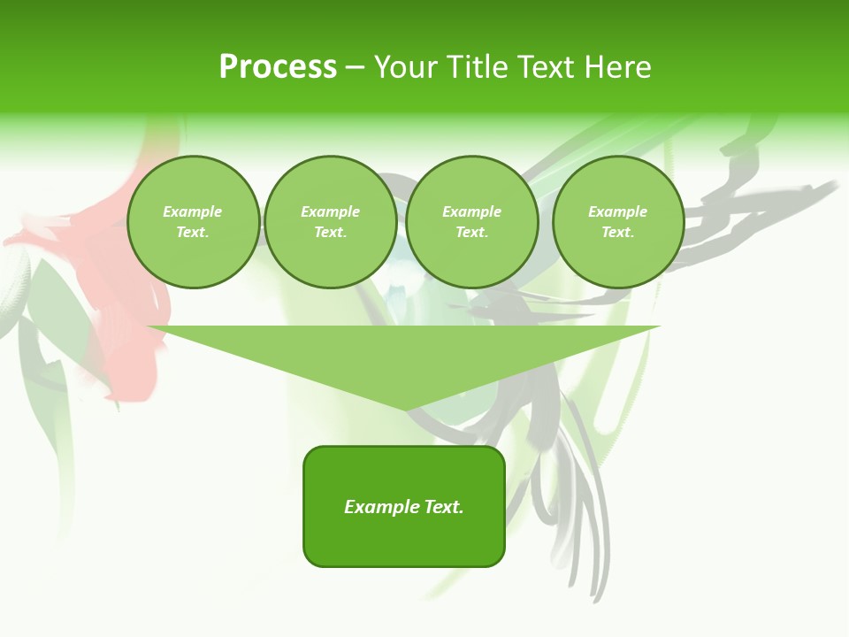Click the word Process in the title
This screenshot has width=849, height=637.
pos(278,67)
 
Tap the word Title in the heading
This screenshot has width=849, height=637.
pos(475,67)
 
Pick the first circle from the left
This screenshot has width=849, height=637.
pos(193,222)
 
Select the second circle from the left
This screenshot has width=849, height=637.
pos(331,222)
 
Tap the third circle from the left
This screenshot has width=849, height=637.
pos(471,222)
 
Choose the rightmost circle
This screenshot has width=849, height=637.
pos(618,222)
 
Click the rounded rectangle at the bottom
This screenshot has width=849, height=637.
pos(404,506)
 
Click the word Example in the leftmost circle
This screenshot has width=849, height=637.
pos(193,211)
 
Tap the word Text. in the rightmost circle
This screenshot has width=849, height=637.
pos(618,233)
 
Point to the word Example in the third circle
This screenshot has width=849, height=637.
pos(471,211)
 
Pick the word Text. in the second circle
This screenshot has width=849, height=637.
pos(331,233)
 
